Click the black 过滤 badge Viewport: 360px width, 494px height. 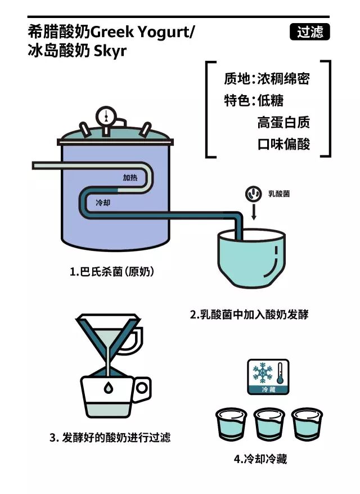click(x=309, y=33)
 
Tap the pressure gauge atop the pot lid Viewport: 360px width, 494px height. click(x=104, y=116)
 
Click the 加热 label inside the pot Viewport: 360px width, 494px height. click(x=130, y=177)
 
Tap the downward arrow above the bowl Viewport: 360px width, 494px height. click(x=253, y=212)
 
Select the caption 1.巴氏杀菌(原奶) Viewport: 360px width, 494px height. click(x=112, y=271)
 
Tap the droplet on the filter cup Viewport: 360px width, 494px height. click(x=107, y=387)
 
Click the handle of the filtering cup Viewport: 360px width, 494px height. click(x=143, y=387)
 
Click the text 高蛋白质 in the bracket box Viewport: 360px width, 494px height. click(x=283, y=122)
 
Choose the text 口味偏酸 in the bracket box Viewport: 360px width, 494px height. click(x=283, y=145)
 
